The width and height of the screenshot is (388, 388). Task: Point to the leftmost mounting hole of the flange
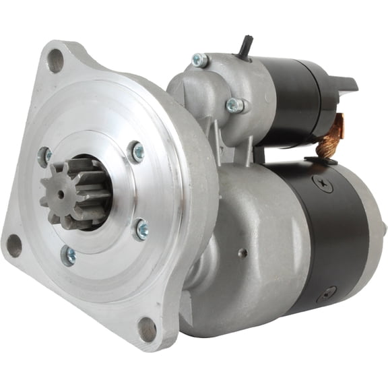coord(13,246)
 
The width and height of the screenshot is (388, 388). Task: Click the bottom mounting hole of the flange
coord(147,329)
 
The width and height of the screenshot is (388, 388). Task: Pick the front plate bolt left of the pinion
coord(45,157)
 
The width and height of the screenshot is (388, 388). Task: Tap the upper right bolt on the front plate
coord(136,152)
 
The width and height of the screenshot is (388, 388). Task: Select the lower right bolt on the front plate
coord(141,230)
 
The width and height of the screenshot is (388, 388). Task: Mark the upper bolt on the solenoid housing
coord(199,61)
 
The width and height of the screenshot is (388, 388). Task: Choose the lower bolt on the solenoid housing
coord(234,105)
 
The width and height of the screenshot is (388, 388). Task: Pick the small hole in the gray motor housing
coord(244,253)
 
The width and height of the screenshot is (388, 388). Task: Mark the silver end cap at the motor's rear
coord(375,236)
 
